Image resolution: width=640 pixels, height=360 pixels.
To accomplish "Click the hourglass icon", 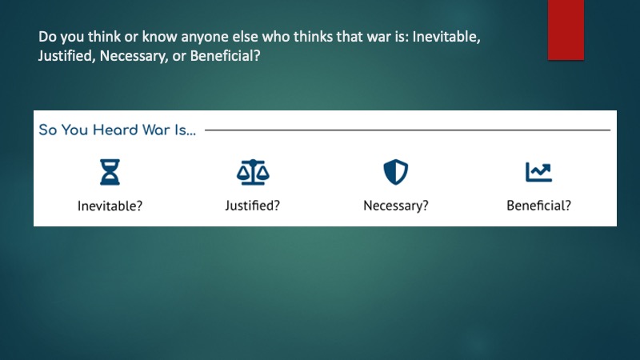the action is point(110,172).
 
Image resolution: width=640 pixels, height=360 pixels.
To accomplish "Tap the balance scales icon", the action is point(253,172).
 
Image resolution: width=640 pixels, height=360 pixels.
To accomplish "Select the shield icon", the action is point(395,172).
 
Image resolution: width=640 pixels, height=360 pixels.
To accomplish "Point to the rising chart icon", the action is point(538,172).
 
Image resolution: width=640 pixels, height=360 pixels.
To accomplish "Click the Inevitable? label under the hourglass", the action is point(110,206).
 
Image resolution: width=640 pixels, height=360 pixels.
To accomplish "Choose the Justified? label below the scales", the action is point(253,206).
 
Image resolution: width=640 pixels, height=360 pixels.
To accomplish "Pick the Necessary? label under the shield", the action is point(396,206).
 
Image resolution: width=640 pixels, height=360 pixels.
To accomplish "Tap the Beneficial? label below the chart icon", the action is point(538,206).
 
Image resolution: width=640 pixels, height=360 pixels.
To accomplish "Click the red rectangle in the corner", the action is point(566,30).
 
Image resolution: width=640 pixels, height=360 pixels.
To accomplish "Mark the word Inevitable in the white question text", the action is point(444,37).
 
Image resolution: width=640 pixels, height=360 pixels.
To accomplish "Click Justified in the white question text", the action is point(65,56).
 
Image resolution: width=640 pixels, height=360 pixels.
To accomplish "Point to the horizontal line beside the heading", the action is point(407,130).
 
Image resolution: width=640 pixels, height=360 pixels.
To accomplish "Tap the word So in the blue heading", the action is point(48,130).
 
